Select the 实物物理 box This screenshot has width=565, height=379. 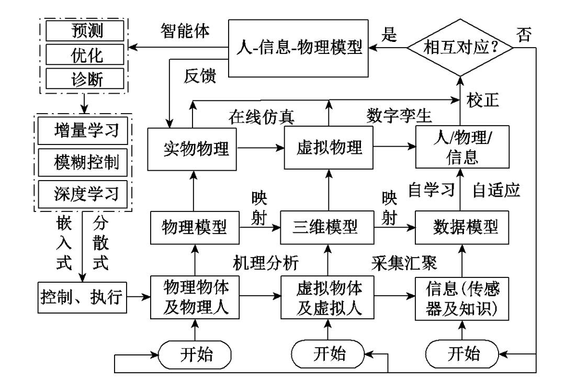(x=193, y=148)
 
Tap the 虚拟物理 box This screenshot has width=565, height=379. (x=328, y=148)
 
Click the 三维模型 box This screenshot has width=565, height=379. (x=327, y=227)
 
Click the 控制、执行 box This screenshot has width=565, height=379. (x=82, y=297)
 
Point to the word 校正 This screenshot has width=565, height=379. (x=487, y=99)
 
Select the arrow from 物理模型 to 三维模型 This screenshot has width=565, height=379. (x=259, y=227)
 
